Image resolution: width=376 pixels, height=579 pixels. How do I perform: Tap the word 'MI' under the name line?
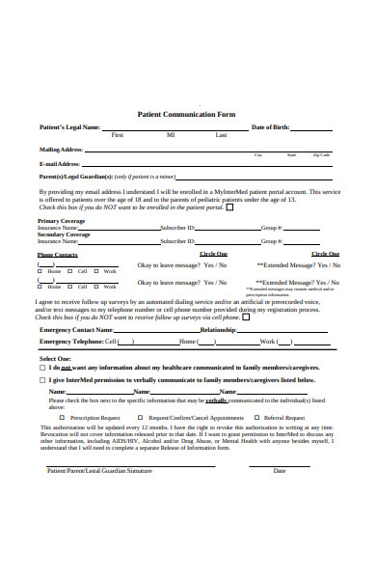click(x=171, y=135)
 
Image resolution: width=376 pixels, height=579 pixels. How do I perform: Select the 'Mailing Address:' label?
click(x=61, y=151)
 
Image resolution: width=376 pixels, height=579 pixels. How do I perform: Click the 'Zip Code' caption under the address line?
click(x=321, y=155)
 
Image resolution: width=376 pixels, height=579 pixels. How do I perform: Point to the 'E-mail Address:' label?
click(x=61, y=164)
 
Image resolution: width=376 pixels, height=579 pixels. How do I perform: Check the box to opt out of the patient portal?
click(x=229, y=207)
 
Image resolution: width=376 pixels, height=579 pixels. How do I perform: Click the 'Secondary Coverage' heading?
click(x=64, y=234)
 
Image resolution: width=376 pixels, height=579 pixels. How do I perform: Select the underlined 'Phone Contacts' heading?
click(x=58, y=254)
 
